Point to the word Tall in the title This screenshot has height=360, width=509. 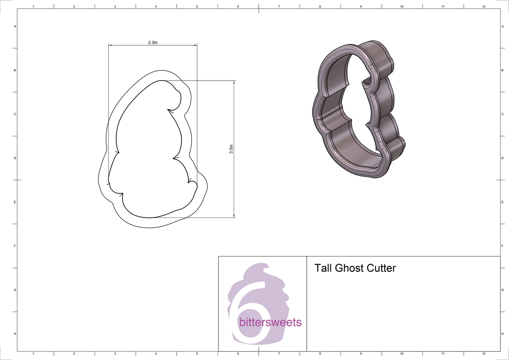tap(323, 268)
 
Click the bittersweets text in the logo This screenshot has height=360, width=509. tap(270, 322)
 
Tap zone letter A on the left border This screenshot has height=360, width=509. tap(15, 26)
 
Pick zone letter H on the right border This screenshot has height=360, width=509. tap(502, 334)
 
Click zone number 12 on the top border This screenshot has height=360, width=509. tap(484, 7)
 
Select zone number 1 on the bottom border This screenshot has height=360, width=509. tap(33, 353)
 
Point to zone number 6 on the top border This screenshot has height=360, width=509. tap(238, 7)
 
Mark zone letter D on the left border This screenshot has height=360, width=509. tap(15, 158)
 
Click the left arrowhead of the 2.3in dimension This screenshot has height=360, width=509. tap(110, 45)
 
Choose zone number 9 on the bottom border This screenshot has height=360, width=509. tap(361, 353)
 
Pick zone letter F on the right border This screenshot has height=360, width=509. tap(502, 246)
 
